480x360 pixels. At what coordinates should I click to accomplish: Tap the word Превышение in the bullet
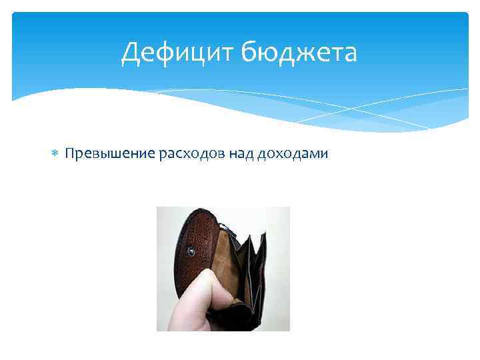110,154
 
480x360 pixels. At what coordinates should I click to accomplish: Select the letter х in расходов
194,154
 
